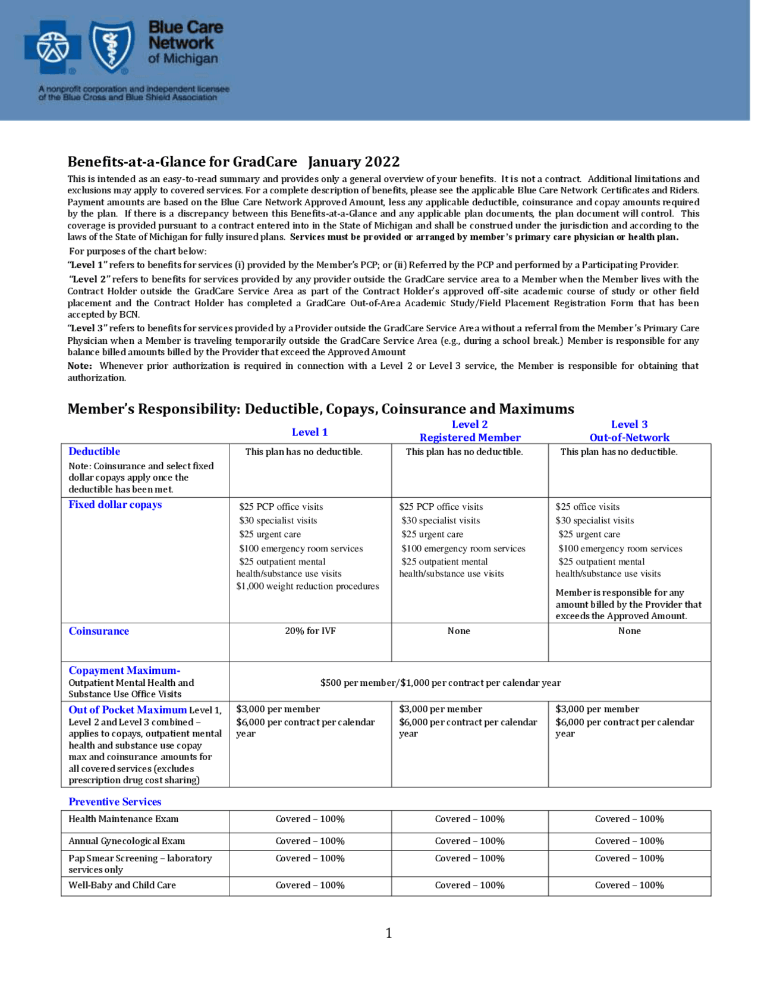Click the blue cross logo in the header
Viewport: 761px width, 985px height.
click(53, 47)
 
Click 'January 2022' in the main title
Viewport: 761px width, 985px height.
click(354, 162)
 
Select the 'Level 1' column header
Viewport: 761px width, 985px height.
click(310, 432)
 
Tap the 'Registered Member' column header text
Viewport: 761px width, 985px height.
click(470, 438)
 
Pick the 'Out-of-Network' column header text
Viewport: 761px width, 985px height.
click(630, 438)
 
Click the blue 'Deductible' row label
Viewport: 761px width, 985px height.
click(95, 451)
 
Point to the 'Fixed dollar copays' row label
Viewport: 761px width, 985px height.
click(115, 504)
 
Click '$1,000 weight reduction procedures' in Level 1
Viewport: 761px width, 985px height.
click(307, 586)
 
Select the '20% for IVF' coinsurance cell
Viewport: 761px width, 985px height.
click(310, 631)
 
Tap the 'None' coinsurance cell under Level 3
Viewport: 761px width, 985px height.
click(630, 631)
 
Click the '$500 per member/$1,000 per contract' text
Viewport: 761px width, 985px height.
click(441, 683)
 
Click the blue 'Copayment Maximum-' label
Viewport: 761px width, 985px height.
click(124, 670)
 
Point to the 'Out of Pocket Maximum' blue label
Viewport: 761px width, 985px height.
click(127, 710)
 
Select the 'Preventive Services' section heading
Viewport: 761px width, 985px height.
click(115, 802)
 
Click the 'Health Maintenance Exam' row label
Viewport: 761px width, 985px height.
click(124, 819)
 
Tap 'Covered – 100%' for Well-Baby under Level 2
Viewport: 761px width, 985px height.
click(470, 885)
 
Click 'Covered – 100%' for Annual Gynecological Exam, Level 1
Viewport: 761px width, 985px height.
click(310, 841)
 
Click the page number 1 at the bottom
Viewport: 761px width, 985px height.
click(389, 933)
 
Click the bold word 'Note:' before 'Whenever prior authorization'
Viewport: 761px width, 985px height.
click(80, 366)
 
